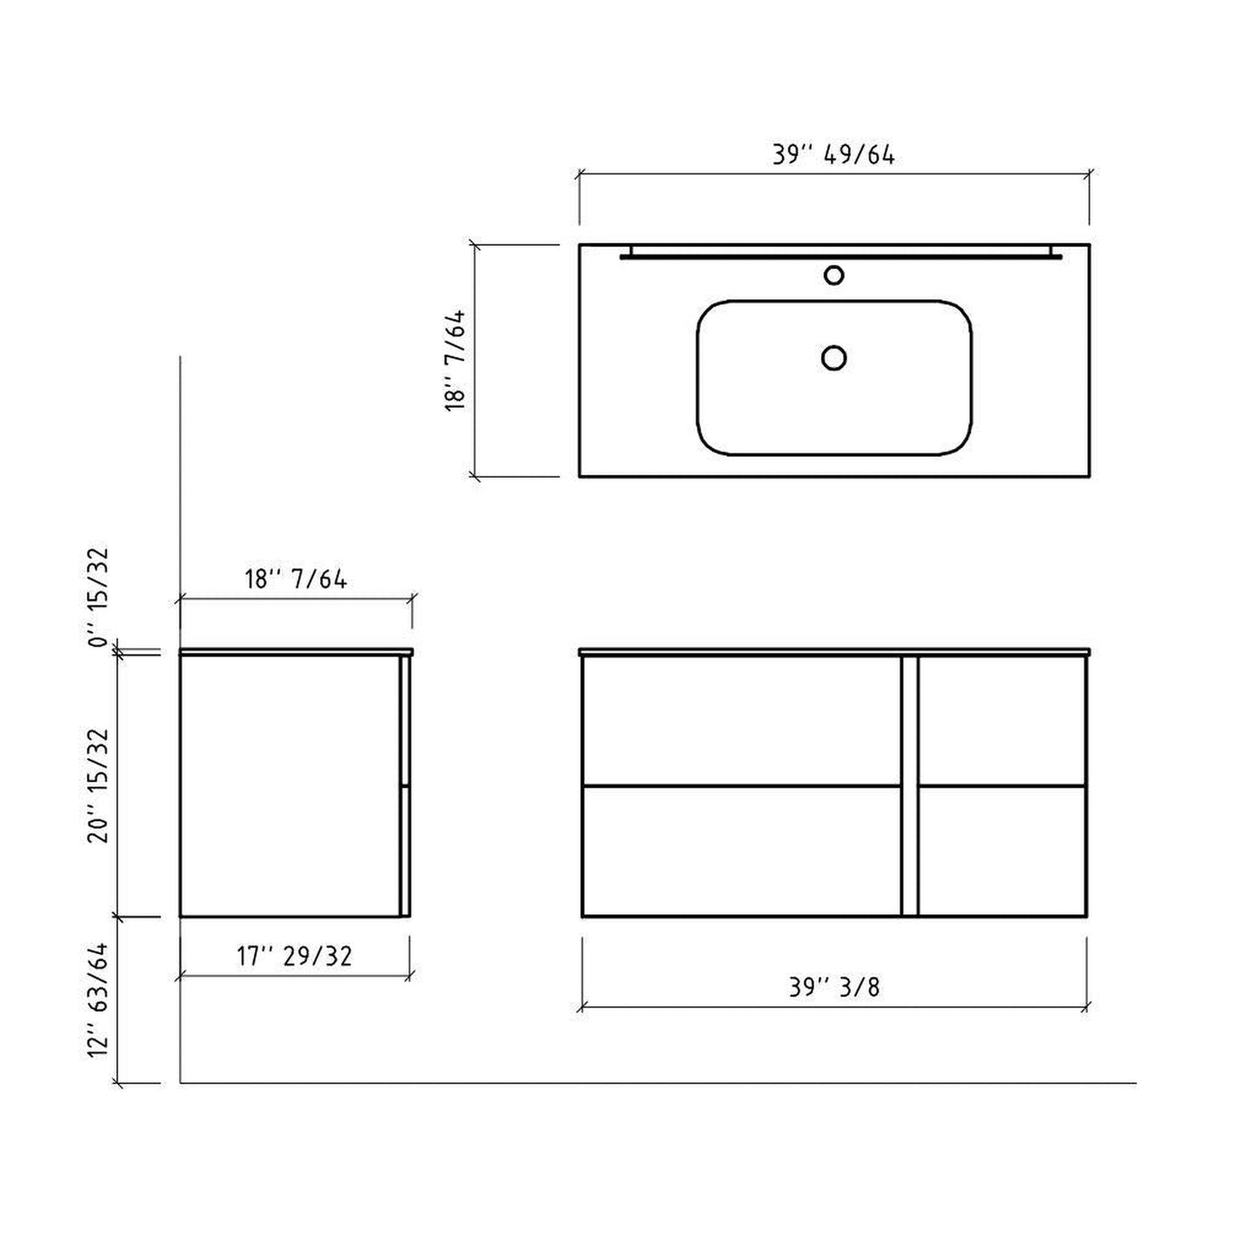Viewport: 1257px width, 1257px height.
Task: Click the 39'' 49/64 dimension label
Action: (x=833, y=155)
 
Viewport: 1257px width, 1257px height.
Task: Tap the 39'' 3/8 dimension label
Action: (x=834, y=987)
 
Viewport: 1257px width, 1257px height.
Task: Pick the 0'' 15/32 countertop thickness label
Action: (x=98, y=596)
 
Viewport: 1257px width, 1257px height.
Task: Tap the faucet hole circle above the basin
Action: (x=833, y=275)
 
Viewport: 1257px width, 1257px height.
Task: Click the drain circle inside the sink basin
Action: (x=833, y=358)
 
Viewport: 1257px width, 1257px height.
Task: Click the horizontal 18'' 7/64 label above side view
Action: (x=296, y=578)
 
